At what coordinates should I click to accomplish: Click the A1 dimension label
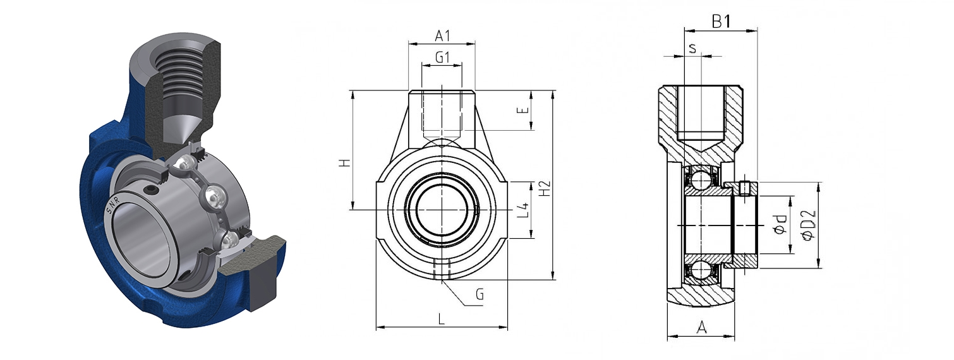point(442,36)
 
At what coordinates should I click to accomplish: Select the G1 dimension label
point(442,57)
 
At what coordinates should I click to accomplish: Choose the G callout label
point(480,294)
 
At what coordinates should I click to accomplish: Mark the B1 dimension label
point(721,21)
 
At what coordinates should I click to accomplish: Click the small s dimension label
point(692,49)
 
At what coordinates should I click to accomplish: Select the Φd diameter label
point(780,224)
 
